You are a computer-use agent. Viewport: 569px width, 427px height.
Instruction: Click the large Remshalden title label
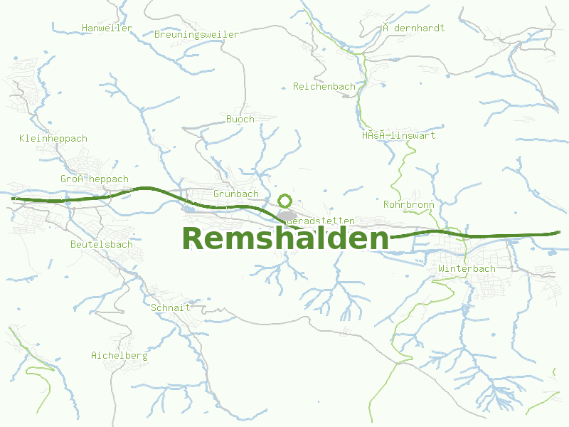pos(285,239)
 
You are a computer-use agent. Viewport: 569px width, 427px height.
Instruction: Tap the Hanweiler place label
pos(107,28)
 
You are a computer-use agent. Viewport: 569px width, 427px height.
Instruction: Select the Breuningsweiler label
pos(196,34)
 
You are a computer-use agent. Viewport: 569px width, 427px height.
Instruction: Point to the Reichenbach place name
pos(324,87)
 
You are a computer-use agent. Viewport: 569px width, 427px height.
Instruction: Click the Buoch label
pos(240,119)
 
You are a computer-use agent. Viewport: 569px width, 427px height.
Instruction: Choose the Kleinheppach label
pos(53,138)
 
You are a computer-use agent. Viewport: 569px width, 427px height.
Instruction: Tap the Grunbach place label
pos(235,194)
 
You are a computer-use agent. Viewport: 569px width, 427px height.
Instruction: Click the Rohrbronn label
pos(408,204)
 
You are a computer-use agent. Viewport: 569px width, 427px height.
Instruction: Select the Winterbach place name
pos(467,269)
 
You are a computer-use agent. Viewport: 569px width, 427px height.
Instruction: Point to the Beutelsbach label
pos(101,244)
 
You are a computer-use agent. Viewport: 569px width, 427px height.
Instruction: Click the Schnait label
pos(170,307)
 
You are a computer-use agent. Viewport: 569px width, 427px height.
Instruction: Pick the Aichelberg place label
pos(119,355)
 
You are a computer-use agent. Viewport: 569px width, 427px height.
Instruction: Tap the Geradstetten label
pos(320,221)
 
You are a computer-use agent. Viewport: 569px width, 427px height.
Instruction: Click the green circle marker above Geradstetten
pos(285,201)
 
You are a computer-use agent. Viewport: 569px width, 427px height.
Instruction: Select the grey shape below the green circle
pos(287,216)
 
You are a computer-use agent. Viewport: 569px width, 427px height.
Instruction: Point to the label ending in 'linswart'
pos(398,135)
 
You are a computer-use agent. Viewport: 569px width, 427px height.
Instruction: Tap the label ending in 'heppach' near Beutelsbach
pos(94,179)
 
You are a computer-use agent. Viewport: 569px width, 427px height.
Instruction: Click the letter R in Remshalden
pos(195,239)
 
